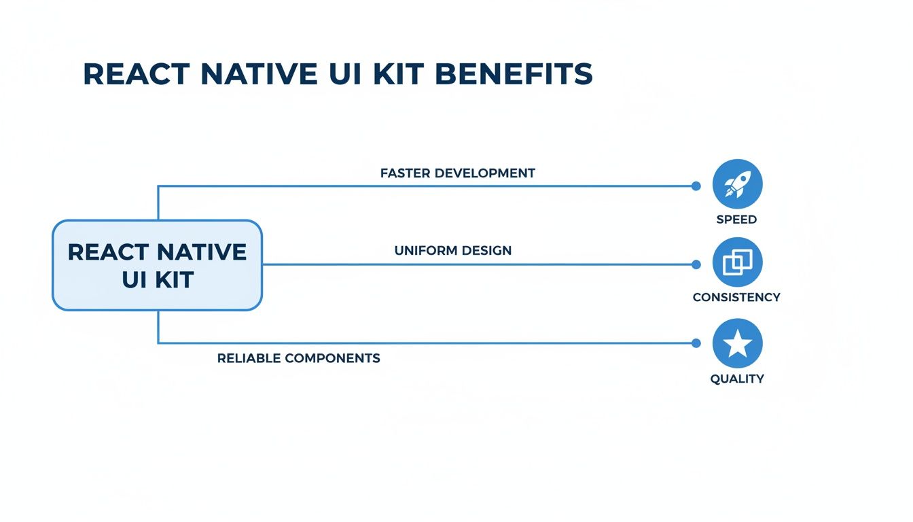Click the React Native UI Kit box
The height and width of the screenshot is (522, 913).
(157, 265)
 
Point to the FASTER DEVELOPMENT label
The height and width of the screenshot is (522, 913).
(457, 173)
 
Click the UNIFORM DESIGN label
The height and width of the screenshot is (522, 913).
(452, 250)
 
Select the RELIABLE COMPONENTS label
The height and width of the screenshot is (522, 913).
(298, 358)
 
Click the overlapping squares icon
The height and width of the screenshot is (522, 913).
(737, 262)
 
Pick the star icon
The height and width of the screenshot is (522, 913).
(737, 344)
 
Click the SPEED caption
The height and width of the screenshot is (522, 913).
(736, 220)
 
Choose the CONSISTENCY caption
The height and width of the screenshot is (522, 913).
(736, 297)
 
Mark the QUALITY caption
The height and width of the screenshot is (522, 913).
(737, 379)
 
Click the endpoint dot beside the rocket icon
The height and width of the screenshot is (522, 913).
(695, 186)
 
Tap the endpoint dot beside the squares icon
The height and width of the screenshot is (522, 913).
(695, 264)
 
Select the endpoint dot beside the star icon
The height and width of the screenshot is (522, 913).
(695, 343)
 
